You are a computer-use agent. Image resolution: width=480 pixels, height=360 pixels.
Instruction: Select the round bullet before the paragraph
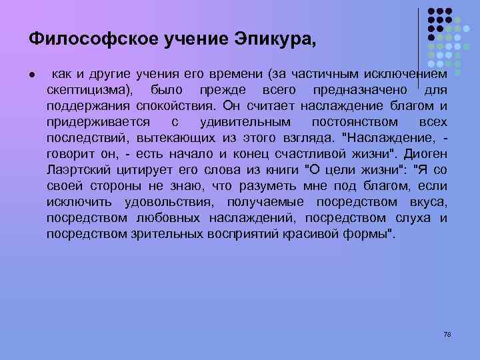pyautogui.click(x=33, y=72)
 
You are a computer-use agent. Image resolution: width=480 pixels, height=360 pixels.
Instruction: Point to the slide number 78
pyautogui.click(x=447, y=333)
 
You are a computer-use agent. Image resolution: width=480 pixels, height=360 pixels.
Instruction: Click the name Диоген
pyautogui.click(x=424, y=154)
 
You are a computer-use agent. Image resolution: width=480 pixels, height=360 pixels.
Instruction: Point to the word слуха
pyautogui.click(x=408, y=218)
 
